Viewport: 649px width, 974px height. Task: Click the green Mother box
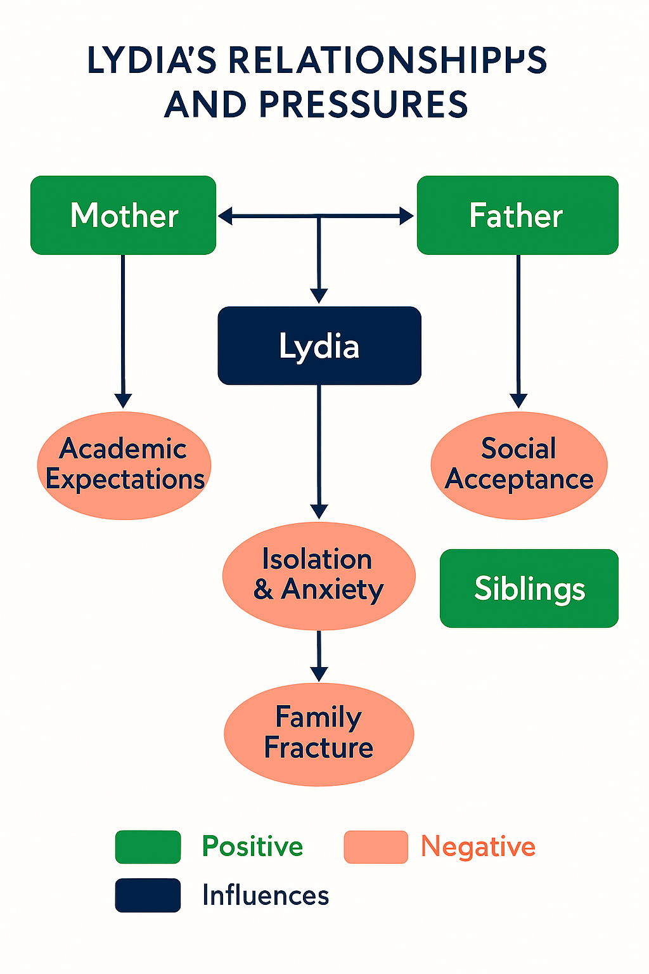(x=124, y=216)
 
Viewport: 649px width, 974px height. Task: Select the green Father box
(x=517, y=216)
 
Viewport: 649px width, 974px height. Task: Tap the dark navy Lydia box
(x=319, y=346)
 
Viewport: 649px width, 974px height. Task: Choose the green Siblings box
(x=529, y=588)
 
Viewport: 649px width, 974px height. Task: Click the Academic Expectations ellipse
(x=124, y=465)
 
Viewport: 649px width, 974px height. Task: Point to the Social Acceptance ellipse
(x=519, y=465)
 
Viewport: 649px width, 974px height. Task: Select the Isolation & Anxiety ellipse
(x=319, y=575)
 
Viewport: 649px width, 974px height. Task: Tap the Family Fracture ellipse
(x=319, y=734)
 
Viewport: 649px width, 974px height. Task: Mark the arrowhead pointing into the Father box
(x=406, y=216)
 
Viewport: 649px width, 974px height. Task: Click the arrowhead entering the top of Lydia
(x=319, y=295)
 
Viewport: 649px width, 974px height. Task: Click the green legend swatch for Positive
(x=148, y=847)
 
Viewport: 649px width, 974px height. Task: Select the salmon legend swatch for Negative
(x=376, y=847)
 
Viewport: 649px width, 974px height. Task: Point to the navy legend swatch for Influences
(x=148, y=895)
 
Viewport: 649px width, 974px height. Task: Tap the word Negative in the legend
(x=479, y=847)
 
